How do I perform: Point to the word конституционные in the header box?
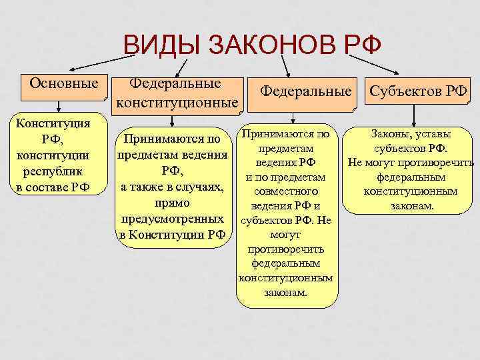tap(176, 103)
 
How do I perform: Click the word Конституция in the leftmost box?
tap(53, 123)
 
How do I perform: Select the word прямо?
tap(173, 203)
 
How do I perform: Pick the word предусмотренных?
tap(172, 219)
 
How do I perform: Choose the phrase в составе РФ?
tap(53, 185)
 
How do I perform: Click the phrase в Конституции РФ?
tap(172, 235)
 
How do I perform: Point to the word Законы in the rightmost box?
tap(388, 135)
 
